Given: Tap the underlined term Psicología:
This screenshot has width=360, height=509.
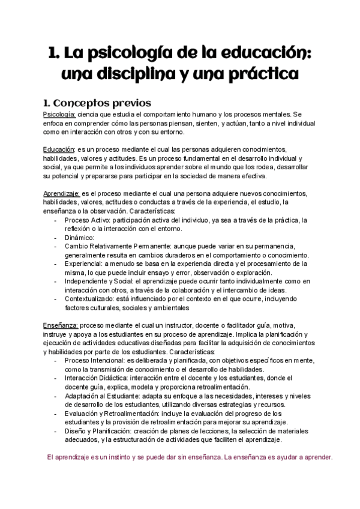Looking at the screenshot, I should click(59, 114).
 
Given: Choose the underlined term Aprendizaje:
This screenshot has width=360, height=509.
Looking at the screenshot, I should click(62, 193).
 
